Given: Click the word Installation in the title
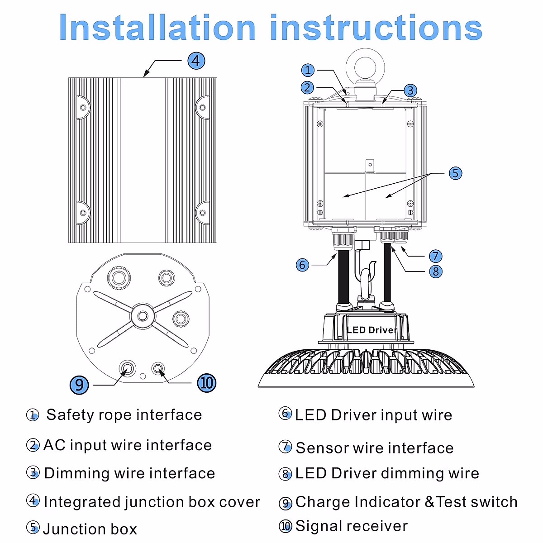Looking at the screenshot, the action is (x=157, y=27).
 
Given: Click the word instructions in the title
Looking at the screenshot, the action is (x=376, y=27).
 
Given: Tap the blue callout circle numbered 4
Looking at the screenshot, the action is (x=196, y=61).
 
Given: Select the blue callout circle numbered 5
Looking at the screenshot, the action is (x=455, y=173).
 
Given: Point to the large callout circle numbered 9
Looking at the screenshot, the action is (x=79, y=385).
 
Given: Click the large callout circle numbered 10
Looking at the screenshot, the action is (x=206, y=383).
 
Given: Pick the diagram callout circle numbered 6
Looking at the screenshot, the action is (x=302, y=265).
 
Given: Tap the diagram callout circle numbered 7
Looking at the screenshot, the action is (x=435, y=256).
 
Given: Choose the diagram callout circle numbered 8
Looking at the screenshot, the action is (x=435, y=271).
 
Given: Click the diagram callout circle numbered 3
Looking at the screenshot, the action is (x=410, y=90).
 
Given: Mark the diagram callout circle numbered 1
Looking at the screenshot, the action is (x=308, y=70).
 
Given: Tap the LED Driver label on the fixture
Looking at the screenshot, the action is (x=372, y=330).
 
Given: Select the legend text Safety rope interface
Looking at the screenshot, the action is (x=124, y=415).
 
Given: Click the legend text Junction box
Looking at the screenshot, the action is (x=90, y=529).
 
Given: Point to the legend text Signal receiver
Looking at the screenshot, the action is (x=352, y=526).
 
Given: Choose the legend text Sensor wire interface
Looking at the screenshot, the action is (x=375, y=448).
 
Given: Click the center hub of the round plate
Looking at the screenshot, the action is (x=143, y=315).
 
